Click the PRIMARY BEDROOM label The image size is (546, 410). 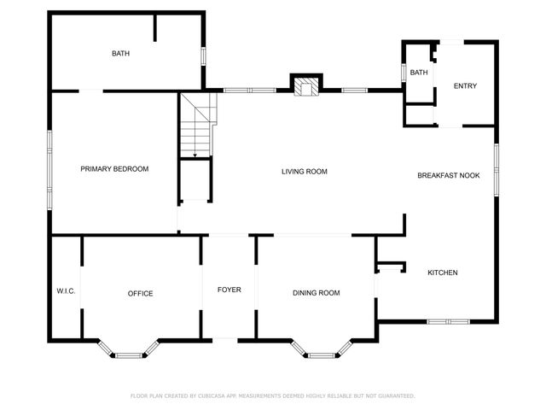[x=114, y=169]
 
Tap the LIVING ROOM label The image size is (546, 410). [x=305, y=172]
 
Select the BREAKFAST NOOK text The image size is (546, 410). [x=448, y=175]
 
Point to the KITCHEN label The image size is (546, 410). [x=443, y=272]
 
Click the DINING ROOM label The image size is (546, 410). [x=317, y=293]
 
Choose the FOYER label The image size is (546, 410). [x=229, y=290]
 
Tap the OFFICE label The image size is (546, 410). [x=140, y=294]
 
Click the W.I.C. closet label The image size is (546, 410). [x=66, y=291]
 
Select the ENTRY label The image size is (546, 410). [x=465, y=85]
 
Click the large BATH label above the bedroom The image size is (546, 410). [x=120, y=54]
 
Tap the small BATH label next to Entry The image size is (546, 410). [x=418, y=73]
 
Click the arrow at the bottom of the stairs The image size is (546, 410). [x=195, y=155]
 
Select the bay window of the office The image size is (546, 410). [x=130, y=350]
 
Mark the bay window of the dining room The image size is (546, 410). [x=321, y=350]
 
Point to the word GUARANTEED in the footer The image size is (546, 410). [x=396, y=396]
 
